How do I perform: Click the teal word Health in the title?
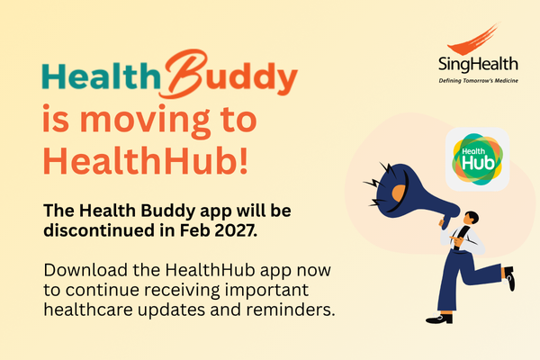tap(101, 76)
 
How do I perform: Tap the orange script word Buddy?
tap(230, 75)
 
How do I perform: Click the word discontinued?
tap(99, 230)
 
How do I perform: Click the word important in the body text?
tap(266, 291)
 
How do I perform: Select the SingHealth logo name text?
tap(478, 65)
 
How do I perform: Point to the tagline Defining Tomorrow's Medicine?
tap(479, 81)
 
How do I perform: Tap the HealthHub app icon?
tap(477, 158)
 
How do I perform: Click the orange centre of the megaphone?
tap(400, 194)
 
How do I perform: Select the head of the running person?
tap(471, 218)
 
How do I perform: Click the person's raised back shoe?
tap(509, 278)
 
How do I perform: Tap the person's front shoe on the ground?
tap(439, 319)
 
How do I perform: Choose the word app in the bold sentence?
tap(216, 211)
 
